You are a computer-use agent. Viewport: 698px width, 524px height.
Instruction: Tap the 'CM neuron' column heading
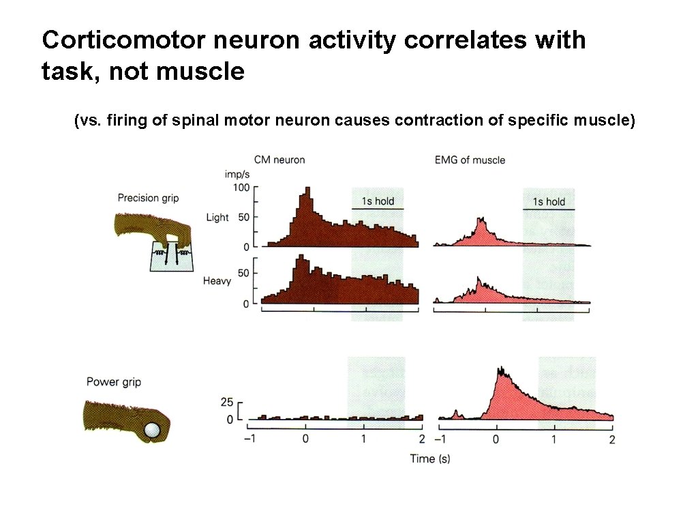279,160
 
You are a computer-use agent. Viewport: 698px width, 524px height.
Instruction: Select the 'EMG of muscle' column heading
470,160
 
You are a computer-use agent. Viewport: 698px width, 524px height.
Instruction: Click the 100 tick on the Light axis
241,187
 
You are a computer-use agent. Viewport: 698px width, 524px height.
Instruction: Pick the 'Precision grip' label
148,198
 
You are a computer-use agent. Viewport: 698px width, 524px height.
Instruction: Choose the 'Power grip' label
114,382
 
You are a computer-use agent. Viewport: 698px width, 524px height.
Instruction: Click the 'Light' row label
217,218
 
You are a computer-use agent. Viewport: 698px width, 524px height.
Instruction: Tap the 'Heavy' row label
217,280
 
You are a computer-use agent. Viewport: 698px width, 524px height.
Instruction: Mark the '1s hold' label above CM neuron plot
378,201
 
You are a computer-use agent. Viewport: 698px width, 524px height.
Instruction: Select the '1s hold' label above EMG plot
549,201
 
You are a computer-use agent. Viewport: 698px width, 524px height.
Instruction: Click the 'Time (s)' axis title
429,458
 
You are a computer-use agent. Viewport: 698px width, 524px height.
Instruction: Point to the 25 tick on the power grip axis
228,402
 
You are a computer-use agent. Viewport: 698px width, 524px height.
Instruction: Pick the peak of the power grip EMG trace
501,369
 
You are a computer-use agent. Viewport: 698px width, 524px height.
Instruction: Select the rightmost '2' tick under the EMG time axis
611,439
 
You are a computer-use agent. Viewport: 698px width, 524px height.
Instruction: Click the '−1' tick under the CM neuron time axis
249,438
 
